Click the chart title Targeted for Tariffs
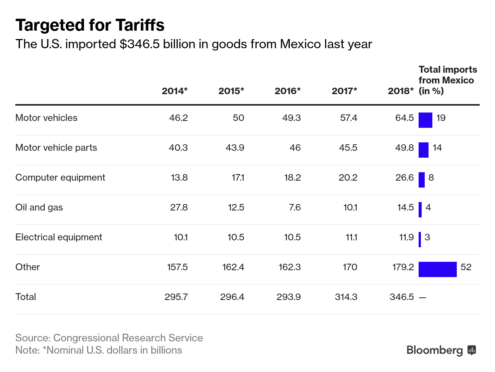pos(90,25)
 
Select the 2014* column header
pos(175,91)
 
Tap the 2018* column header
pos(401,91)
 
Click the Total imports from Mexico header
pos(448,80)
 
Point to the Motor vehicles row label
pos(46,117)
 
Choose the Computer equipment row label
pos(60,178)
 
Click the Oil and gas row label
pos(39,207)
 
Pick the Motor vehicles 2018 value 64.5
pos(404,118)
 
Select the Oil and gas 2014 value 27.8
pos(179,207)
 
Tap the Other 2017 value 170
pos(350,267)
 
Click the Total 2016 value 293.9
pos(288,297)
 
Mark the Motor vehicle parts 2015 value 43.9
pos(235,148)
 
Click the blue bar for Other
pos(437,269)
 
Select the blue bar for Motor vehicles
pos(425,120)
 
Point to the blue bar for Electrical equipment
pos(420,239)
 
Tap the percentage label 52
pos(466,267)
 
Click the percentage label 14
pos(437,148)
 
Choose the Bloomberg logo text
pos(435,350)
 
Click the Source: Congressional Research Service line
pos(109,338)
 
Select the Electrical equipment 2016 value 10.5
pos(292,237)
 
